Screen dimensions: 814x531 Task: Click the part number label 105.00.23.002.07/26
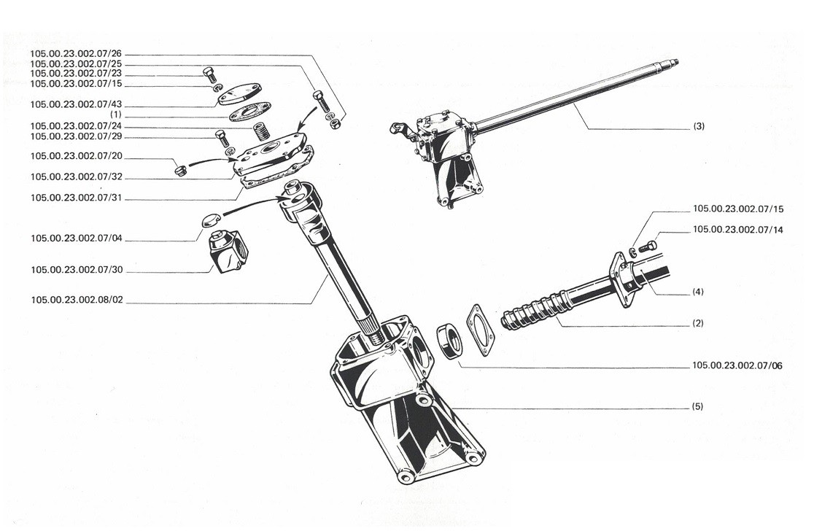(x=76, y=54)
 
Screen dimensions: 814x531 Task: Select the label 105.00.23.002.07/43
(x=77, y=104)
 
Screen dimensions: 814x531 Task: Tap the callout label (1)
(x=116, y=115)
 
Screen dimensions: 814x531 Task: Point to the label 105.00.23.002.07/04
(x=77, y=239)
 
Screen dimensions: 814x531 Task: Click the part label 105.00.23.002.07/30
(x=77, y=270)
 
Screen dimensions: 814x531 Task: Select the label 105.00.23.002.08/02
(x=77, y=300)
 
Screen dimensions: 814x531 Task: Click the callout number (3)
(x=699, y=126)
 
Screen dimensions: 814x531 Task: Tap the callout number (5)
(x=698, y=406)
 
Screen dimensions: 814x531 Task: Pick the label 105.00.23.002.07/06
(x=737, y=366)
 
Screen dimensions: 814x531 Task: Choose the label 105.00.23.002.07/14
(x=738, y=230)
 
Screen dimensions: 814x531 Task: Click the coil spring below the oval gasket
(x=262, y=131)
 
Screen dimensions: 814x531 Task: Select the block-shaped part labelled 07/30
(x=228, y=251)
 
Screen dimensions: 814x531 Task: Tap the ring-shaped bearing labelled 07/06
(x=449, y=341)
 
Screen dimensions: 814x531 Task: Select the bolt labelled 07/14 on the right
(x=648, y=247)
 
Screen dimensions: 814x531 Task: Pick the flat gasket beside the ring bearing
(x=480, y=330)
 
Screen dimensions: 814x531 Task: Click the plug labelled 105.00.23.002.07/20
(x=181, y=170)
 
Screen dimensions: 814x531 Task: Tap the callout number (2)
(x=698, y=323)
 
